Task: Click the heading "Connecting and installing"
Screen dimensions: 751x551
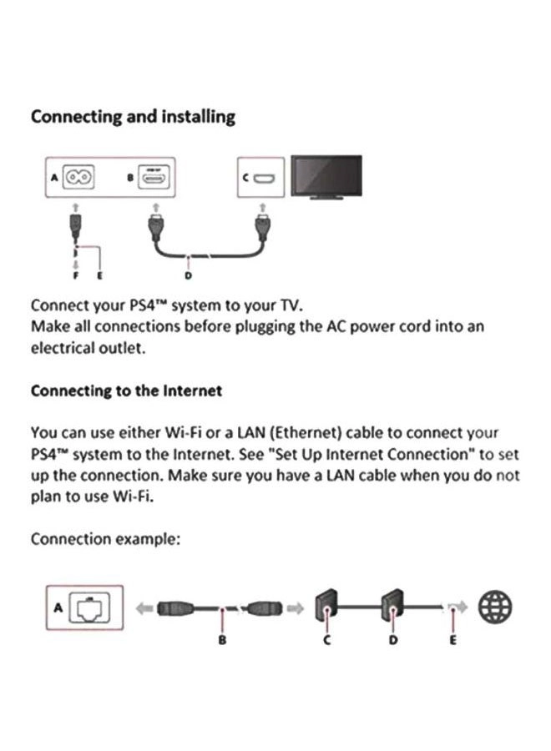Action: (133, 117)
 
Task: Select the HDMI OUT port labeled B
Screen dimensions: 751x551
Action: (154, 176)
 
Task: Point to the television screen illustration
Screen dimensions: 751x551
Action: (326, 175)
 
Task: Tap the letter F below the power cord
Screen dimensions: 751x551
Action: (77, 275)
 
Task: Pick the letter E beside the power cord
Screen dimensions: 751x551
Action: (101, 275)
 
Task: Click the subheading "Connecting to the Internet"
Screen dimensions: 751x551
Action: (126, 391)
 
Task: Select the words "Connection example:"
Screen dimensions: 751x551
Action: (105, 538)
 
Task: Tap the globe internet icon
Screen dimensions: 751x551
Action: (495, 607)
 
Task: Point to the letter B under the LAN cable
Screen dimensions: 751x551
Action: (222, 640)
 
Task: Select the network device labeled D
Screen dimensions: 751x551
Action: (392, 607)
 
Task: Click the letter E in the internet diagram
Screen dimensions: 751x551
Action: (453, 640)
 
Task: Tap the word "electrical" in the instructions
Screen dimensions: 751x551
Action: (66, 348)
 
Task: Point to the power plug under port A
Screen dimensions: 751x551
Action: (76, 224)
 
